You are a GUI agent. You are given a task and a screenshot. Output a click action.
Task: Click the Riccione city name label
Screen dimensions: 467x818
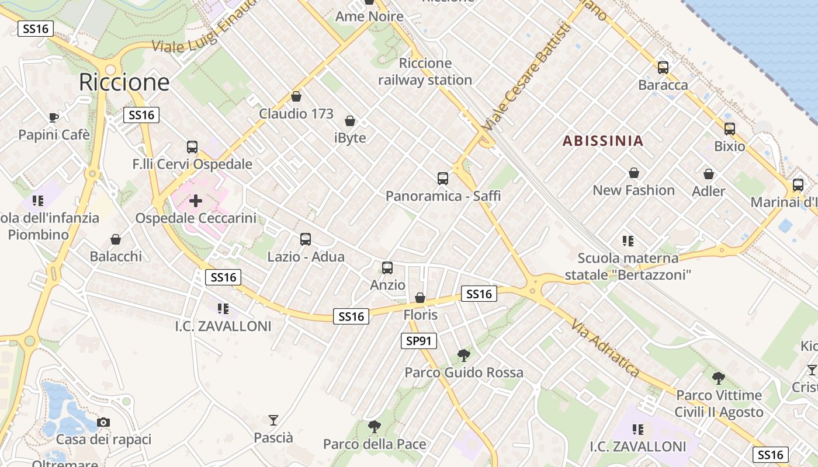[124, 82]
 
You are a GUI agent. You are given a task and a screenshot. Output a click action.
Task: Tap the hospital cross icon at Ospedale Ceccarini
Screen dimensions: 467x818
[196, 201]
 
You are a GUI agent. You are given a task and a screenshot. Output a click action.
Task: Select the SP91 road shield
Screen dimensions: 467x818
[419, 340]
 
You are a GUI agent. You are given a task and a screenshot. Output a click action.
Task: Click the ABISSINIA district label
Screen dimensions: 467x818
[603, 141]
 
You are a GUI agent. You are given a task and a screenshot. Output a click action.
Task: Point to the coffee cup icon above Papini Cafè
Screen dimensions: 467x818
[54, 117]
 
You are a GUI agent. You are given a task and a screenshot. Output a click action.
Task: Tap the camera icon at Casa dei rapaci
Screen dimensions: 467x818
[103, 422]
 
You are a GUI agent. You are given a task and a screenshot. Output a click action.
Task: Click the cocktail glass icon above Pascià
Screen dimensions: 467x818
[273, 420]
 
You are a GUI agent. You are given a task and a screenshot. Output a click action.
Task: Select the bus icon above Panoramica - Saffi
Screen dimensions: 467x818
[443, 178]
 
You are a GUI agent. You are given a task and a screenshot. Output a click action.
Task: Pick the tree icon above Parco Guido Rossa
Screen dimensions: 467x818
[463, 354]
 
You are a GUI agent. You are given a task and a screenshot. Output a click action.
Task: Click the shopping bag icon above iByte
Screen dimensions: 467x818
[350, 121]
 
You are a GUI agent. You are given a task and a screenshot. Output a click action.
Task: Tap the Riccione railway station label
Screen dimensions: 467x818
[425, 72]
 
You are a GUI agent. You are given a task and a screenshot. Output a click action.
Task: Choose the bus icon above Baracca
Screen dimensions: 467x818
[663, 67]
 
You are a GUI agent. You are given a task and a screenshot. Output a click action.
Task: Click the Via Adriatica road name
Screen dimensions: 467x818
[605, 347]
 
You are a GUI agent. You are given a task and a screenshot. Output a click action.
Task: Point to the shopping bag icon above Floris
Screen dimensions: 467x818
[420, 298]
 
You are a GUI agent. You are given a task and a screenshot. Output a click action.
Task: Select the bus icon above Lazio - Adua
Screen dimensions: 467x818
[306, 239]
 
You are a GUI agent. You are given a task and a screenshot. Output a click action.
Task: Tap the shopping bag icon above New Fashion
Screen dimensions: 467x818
[634, 173]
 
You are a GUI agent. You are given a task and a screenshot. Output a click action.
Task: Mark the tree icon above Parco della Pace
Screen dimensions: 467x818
[375, 427]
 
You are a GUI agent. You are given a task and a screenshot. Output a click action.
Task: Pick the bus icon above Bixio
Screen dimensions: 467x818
[730, 128]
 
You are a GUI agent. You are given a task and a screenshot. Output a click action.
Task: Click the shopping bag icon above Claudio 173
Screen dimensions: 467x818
[296, 96]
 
